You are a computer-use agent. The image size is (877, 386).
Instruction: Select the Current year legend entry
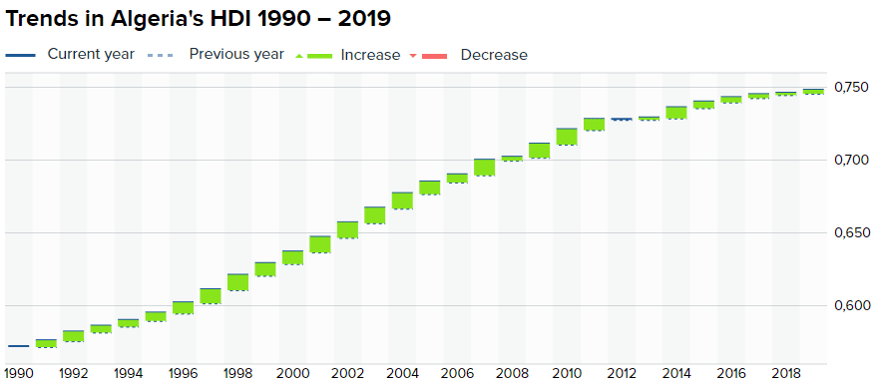point(70,54)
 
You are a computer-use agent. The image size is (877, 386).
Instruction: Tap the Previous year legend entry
point(216,54)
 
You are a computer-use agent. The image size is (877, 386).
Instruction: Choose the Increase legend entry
point(347,55)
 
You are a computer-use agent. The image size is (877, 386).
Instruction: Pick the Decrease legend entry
point(469,55)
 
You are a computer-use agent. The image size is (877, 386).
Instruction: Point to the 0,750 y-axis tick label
point(851,87)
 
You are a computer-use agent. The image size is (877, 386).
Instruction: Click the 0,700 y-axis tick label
point(851,160)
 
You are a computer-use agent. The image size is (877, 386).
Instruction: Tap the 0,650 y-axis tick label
point(851,232)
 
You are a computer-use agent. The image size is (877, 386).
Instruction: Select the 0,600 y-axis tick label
point(851,305)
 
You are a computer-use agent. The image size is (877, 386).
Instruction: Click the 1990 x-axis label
point(18,373)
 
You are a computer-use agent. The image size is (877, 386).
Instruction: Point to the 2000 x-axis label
point(292,373)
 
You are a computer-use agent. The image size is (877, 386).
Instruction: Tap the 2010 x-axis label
point(567,373)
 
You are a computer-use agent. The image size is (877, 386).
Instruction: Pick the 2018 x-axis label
point(786,373)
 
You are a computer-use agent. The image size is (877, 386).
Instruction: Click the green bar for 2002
point(347,230)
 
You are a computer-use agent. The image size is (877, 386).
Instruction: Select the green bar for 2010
point(567,137)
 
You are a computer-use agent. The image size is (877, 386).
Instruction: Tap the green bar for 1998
point(237,282)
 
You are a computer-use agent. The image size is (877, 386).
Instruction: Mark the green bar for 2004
point(402,200)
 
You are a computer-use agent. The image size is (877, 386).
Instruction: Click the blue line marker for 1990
point(18,346)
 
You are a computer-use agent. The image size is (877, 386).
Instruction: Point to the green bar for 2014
point(676,113)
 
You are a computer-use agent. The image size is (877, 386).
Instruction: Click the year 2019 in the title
point(362,19)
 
